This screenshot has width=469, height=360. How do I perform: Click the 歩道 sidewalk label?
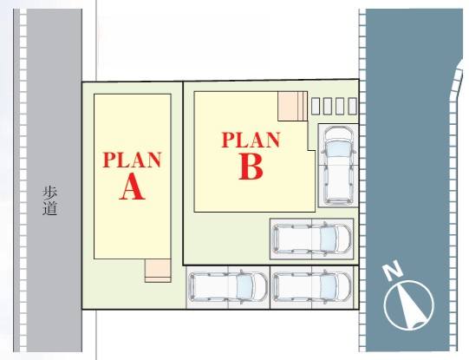point(49,201)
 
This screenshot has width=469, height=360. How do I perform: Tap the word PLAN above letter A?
point(133,160)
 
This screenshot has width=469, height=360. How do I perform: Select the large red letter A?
point(133,187)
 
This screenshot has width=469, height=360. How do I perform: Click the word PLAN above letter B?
point(251,140)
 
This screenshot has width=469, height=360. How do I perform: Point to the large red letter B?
point(251,167)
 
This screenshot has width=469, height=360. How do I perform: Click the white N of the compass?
point(393,271)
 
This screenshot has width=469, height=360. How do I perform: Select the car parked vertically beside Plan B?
point(339,166)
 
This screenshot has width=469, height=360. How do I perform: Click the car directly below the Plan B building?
point(312,239)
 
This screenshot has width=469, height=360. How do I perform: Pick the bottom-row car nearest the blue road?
point(312,288)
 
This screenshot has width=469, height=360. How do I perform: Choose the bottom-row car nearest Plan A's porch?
point(228,288)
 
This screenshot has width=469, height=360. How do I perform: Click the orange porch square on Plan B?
point(288,106)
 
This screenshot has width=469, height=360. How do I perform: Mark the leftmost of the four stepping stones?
point(316,106)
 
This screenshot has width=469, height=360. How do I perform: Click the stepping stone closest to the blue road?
point(352,106)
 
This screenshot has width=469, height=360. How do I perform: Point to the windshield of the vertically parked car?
point(339,148)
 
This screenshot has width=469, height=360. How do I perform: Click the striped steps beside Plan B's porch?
point(303,106)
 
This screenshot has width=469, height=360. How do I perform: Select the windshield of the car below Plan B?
point(329,239)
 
